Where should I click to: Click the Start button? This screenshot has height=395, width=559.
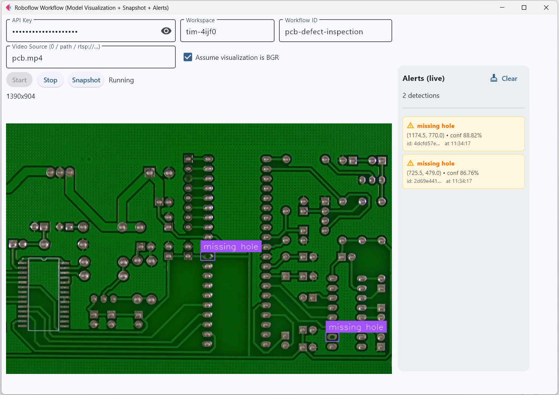(19, 80)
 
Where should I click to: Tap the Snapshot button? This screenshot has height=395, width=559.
(86, 80)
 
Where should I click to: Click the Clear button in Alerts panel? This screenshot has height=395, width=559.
(504, 79)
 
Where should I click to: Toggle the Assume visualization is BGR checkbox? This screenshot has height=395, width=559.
(188, 57)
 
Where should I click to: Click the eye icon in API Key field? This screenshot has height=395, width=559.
(166, 31)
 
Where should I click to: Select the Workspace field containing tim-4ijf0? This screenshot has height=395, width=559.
(227, 31)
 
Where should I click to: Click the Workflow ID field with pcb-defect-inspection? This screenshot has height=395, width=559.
(335, 31)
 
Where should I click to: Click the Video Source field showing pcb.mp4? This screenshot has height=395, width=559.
(91, 57)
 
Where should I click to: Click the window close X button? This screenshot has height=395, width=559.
(546, 8)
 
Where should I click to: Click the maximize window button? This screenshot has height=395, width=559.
(524, 8)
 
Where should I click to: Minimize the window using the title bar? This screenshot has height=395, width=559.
(502, 8)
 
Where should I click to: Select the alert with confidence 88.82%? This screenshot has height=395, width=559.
(463, 134)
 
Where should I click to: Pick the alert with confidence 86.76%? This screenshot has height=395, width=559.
(463, 172)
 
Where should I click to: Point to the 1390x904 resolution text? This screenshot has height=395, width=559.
(21, 97)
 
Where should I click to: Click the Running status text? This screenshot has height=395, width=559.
(121, 80)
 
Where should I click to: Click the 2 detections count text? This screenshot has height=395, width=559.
(421, 96)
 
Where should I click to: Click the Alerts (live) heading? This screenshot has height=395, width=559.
(423, 79)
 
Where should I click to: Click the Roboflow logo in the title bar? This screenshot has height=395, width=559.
(9, 8)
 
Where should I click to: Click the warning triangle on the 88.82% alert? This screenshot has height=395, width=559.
(410, 125)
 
